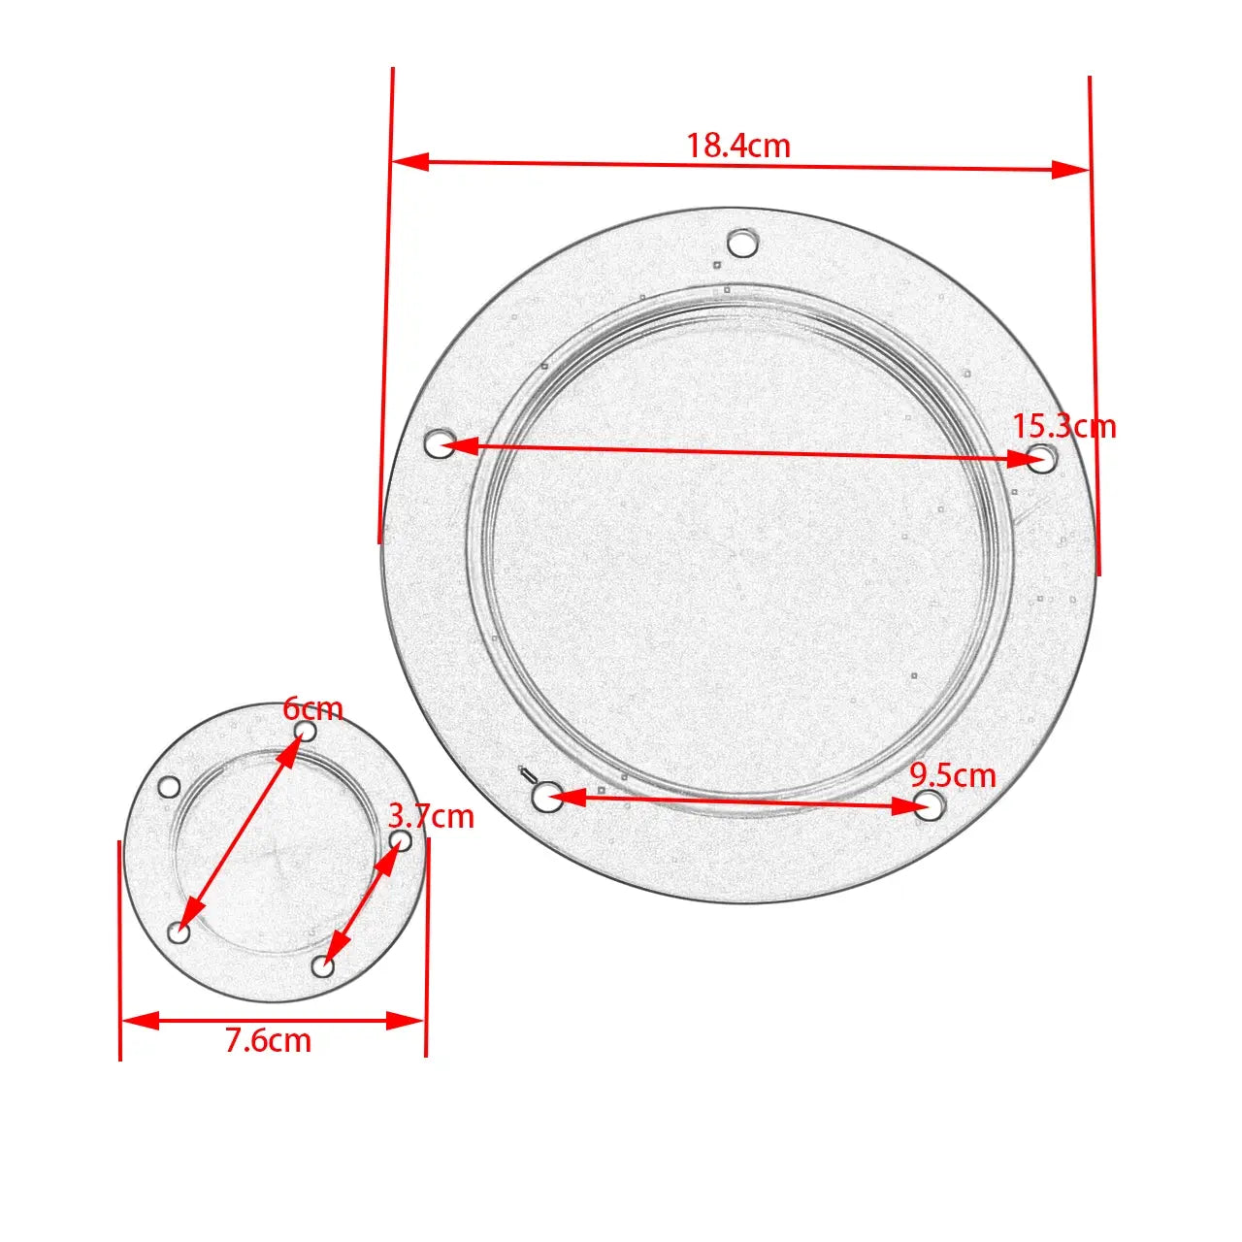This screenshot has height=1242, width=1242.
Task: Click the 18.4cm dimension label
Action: pyautogui.click(x=738, y=146)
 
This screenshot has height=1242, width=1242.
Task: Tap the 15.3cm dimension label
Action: pyautogui.click(x=1064, y=426)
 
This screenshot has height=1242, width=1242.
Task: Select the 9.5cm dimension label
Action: pyautogui.click(x=953, y=775)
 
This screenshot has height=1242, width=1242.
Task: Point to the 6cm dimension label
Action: pyautogui.click(x=312, y=708)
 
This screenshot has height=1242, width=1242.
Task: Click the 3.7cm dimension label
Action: pyautogui.click(x=431, y=816)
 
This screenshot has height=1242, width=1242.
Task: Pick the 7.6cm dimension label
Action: pyautogui.click(x=269, y=1040)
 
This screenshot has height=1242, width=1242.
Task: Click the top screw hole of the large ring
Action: pyautogui.click(x=743, y=243)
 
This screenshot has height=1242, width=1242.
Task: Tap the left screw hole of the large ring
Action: pyautogui.click(x=441, y=444)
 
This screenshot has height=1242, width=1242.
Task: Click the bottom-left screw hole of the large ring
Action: pyautogui.click(x=546, y=798)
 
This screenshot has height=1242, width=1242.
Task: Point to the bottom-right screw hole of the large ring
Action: pyautogui.click(x=929, y=804)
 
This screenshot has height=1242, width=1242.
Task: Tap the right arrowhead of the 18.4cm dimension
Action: pyautogui.click(x=1071, y=170)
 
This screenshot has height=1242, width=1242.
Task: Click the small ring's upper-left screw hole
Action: pyautogui.click(x=170, y=787)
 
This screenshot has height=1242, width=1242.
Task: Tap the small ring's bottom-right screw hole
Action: pyautogui.click(x=323, y=966)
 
